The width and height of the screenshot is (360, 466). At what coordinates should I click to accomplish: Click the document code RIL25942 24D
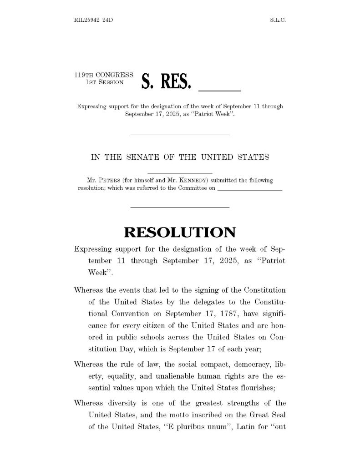[93, 20]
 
